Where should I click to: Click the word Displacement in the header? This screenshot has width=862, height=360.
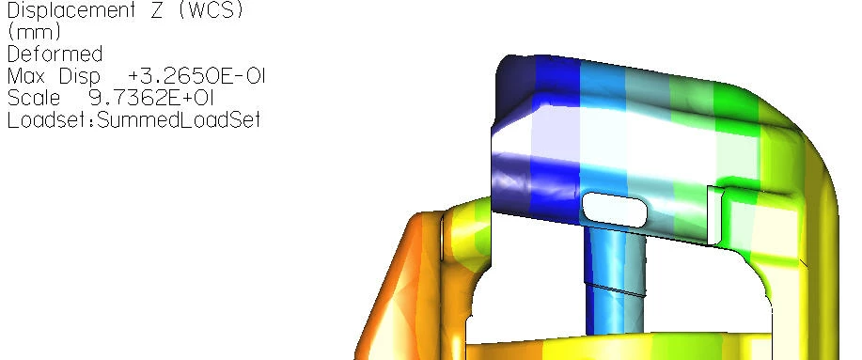[x=71, y=11]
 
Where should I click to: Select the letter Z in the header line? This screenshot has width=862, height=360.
[x=156, y=10]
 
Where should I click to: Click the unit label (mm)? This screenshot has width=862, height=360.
[x=34, y=32]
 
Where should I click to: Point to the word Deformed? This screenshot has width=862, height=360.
[x=55, y=55]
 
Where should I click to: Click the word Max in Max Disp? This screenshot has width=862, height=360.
[x=25, y=76]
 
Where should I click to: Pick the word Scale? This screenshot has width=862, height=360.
[x=34, y=98]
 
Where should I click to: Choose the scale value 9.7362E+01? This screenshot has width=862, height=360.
[x=150, y=98]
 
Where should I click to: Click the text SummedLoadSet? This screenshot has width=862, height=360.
[x=179, y=119]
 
